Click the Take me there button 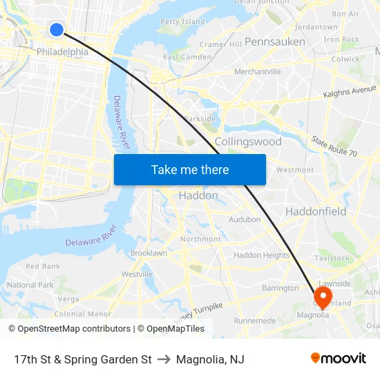(x=190, y=169)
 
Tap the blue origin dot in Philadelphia (x=57, y=29)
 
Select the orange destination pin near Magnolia (x=323, y=295)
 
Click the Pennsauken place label (x=274, y=41)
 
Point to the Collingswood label (x=248, y=142)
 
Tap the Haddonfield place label (x=316, y=211)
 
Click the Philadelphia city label (x=62, y=52)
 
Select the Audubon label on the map (x=245, y=220)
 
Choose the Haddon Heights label (x=261, y=255)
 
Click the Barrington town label (x=281, y=288)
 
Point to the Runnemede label (x=255, y=321)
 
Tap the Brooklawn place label (x=149, y=254)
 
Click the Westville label (x=137, y=274)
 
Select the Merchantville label (x=258, y=71)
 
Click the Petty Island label (x=182, y=21)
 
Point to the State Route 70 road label (x=334, y=146)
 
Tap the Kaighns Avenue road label (x=350, y=91)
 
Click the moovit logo (x=338, y=359)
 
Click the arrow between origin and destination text (x=164, y=359)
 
